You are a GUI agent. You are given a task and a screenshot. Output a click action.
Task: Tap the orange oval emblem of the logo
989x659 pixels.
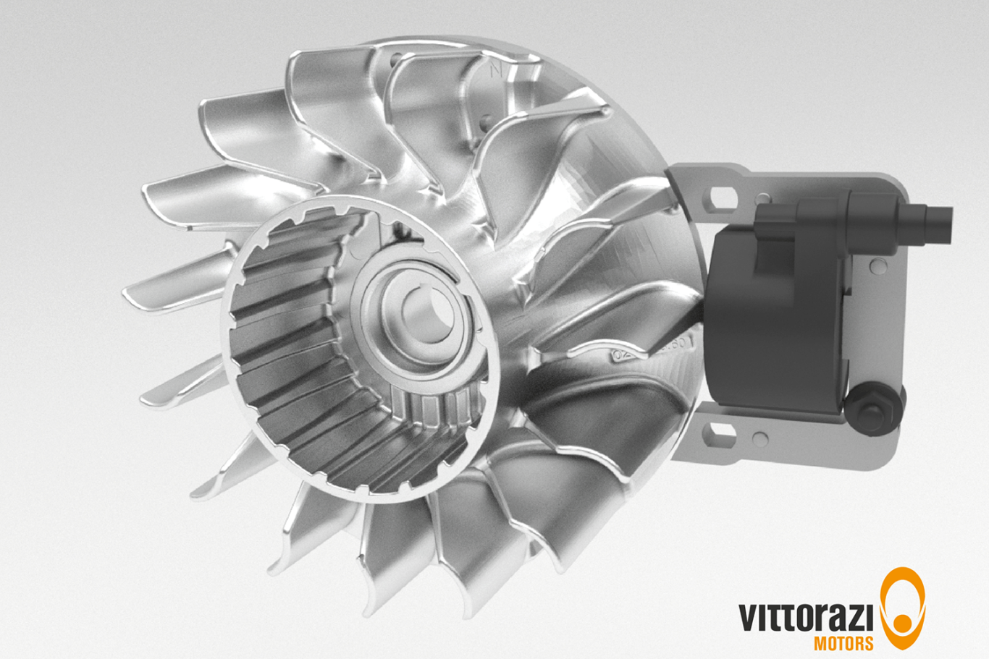point(902,607)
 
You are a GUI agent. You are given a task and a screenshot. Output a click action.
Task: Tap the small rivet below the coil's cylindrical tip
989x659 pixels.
point(880,267)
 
